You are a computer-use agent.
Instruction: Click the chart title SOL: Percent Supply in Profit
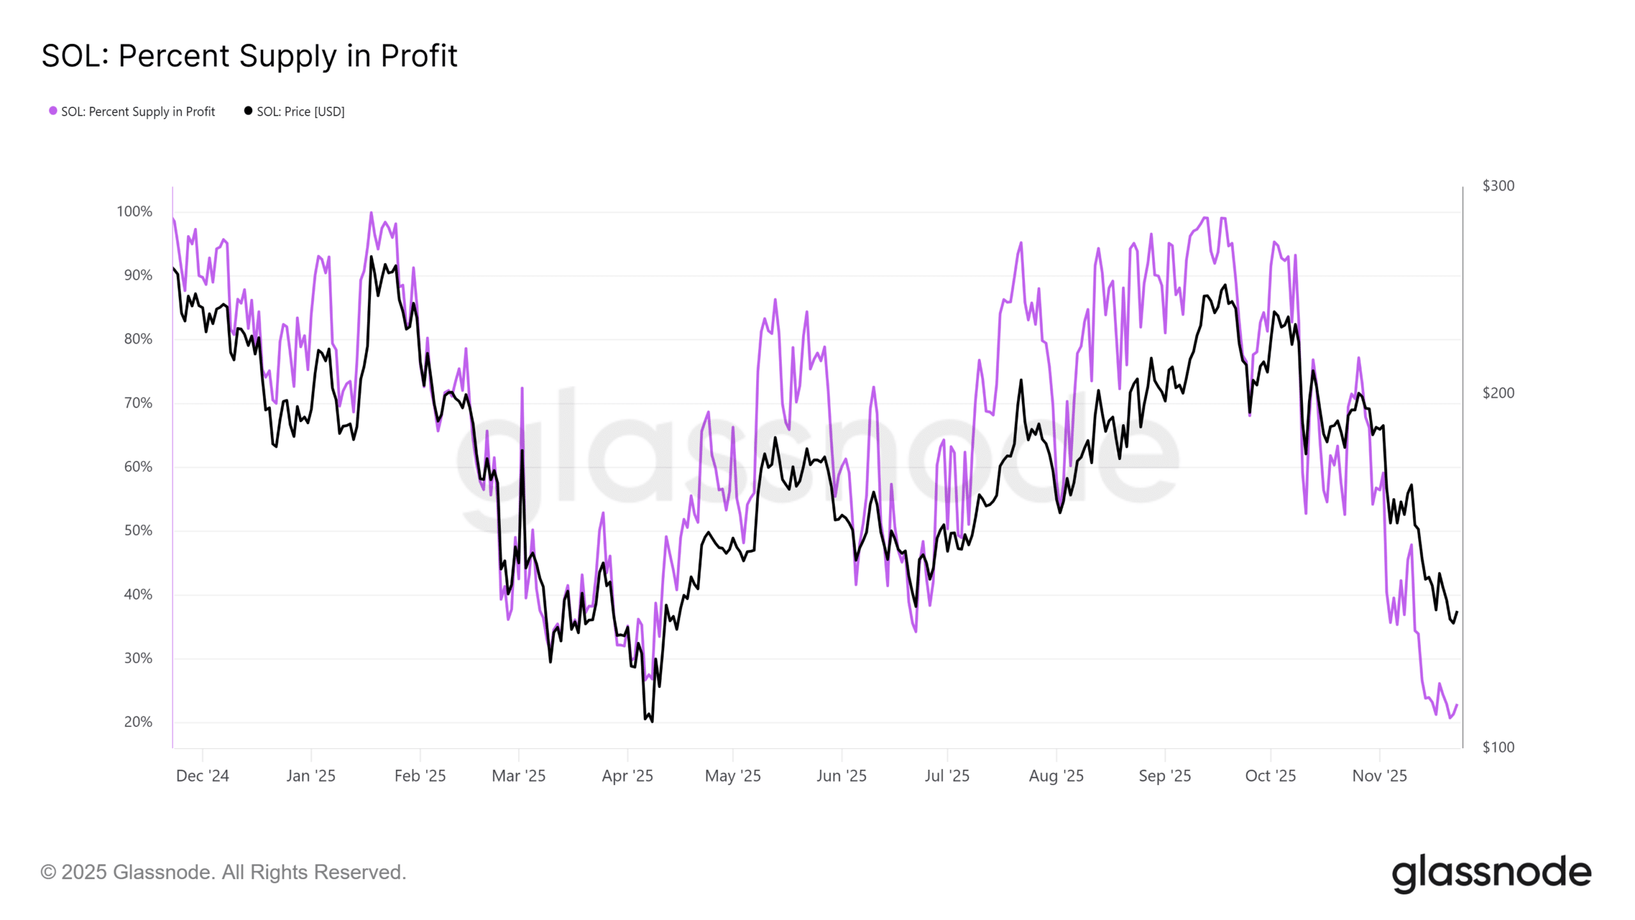pos(249,56)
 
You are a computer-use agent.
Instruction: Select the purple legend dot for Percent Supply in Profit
pos(53,111)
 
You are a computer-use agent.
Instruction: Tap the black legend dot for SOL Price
pos(248,111)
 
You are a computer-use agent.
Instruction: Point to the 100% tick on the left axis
pos(134,211)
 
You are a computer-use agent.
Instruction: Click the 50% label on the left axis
pos(138,531)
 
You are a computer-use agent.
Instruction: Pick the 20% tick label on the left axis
pos(138,722)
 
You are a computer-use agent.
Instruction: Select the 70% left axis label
pos(138,403)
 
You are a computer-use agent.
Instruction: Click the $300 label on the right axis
pos(1498,186)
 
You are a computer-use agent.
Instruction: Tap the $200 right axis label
pos(1498,393)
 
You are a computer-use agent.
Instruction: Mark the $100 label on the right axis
pos(1498,747)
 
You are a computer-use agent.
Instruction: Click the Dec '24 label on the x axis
pos(202,776)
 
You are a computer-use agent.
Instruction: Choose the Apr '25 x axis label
pos(627,776)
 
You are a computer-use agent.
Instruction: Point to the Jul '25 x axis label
pos(947,776)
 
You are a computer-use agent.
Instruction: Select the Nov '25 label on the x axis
pos(1380,776)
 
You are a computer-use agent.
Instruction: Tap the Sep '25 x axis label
pos(1164,776)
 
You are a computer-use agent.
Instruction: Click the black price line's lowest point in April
pos(651,721)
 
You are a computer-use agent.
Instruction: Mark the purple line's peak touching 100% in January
pos(371,213)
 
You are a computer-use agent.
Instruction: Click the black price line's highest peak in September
pos(1225,286)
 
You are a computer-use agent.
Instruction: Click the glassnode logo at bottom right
pos(1491,873)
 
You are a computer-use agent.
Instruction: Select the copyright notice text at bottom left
pos(223,872)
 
